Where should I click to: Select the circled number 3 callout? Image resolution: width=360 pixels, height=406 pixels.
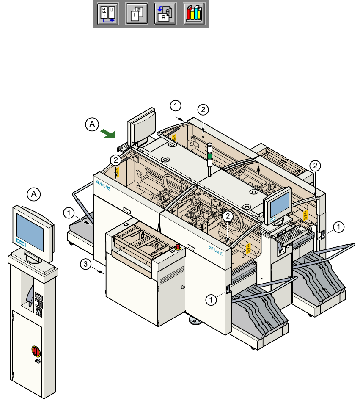point(85,264)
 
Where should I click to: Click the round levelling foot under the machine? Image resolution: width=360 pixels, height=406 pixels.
point(195,323)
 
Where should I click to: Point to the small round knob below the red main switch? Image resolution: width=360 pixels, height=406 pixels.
point(38,362)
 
